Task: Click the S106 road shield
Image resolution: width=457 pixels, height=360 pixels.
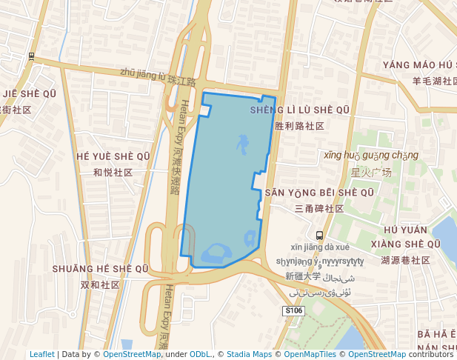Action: click(x=294, y=311)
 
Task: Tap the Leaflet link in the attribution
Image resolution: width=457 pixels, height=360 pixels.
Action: click(x=41, y=354)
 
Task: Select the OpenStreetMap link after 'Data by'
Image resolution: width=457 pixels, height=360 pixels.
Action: click(x=132, y=354)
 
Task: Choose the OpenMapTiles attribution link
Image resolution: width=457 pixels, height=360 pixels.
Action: click(x=312, y=354)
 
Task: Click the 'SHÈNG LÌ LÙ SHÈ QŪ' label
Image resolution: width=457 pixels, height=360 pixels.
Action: click(x=299, y=110)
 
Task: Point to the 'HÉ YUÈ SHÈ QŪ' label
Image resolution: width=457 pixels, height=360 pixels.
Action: click(x=113, y=156)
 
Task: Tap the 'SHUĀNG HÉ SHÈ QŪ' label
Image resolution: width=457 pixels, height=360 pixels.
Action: click(x=100, y=268)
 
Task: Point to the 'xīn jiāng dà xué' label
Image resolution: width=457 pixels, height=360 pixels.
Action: click(x=320, y=247)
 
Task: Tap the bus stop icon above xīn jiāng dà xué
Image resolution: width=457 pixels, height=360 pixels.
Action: click(x=319, y=235)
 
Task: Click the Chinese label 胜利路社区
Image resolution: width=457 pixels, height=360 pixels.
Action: click(x=299, y=126)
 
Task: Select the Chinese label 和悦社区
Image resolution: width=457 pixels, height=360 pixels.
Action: click(x=113, y=173)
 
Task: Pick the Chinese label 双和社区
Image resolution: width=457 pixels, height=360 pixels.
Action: click(x=100, y=284)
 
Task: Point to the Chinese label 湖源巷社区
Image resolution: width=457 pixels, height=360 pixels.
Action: click(x=405, y=261)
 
